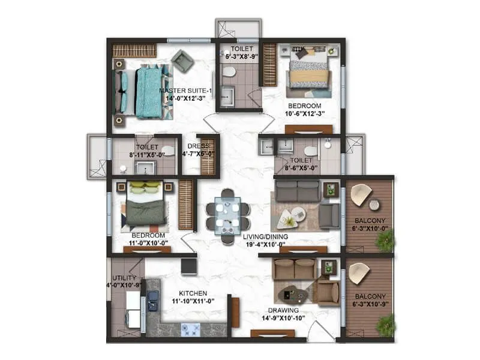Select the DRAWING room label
[x=285, y=310]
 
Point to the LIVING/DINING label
[x=266, y=236]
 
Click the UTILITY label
[x=125, y=278]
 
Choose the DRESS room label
[x=198, y=146]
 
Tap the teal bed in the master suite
[x=147, y=92]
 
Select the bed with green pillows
[x=145, y=204]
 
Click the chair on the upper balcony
[x=361, y=194]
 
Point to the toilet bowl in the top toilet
[x=228, y=71]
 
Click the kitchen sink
[x=153, y=298]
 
